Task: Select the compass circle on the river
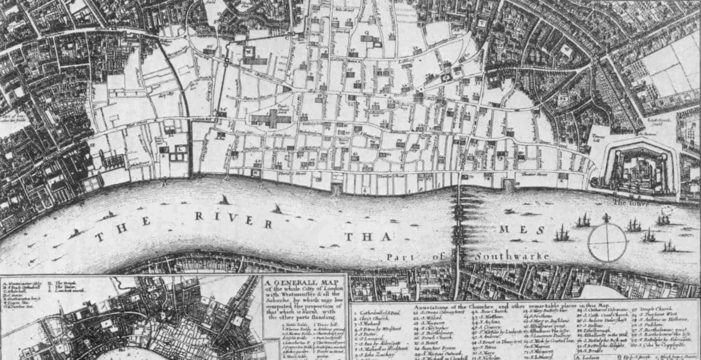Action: (607, 243)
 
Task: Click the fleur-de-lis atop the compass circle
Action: (607, 218)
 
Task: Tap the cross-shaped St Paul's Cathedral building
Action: (270, 119)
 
